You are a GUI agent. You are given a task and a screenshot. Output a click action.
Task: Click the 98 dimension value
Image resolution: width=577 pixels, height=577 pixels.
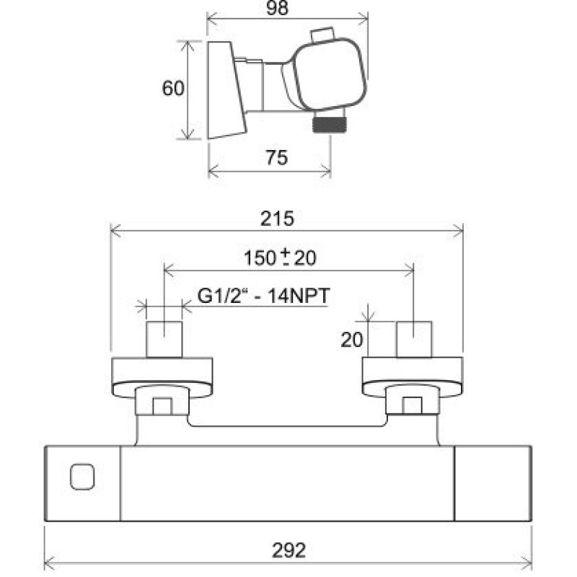click(277, 8)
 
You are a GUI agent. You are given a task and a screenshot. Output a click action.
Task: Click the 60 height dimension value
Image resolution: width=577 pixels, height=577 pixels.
click(173, 88)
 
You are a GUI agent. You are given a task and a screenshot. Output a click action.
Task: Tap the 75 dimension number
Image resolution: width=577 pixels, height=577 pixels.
click(277, 157)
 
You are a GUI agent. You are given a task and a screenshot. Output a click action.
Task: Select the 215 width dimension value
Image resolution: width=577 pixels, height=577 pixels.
click(278, 219)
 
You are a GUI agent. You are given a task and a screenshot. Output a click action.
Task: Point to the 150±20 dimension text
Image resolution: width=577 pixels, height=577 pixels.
click(280, 257)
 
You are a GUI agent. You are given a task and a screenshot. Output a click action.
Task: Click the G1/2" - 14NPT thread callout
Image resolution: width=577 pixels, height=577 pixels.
click(263, 296)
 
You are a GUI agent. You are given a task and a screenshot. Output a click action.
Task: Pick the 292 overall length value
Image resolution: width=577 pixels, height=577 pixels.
click(289, 551)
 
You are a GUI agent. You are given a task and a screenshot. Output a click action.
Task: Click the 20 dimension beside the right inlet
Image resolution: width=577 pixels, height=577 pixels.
click(352, 340)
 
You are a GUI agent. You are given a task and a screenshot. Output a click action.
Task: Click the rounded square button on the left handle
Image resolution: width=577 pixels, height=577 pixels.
click(82, 477)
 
